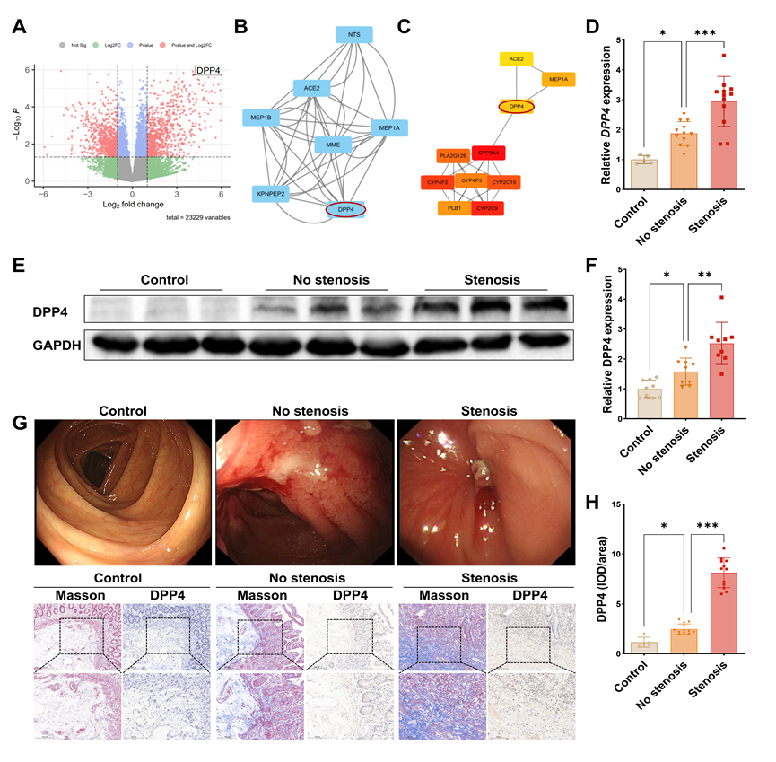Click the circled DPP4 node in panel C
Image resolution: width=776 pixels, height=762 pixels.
[x=516, y=107]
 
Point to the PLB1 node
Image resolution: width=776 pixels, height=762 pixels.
[x=455, y=208]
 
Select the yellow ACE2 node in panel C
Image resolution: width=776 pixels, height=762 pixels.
[x=516, y=59]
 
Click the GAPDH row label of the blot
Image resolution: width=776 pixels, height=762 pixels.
[x=53, y=343]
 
